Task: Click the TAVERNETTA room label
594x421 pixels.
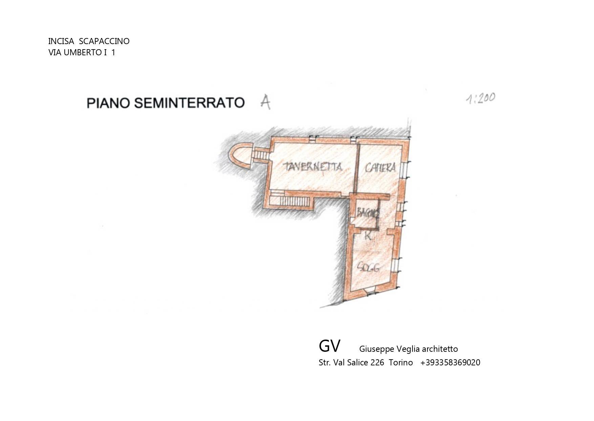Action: (313, 167)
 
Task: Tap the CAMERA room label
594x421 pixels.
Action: (380, 167)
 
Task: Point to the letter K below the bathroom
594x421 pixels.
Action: (368, 235)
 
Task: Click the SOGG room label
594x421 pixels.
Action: (368, 268)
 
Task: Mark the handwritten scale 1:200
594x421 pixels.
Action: (481, 99)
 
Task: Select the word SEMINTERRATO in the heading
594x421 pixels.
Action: (189, 102)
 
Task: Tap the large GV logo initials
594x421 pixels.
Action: (329, 346)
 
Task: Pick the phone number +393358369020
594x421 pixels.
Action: (450, 363)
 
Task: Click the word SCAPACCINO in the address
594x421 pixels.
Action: (104, 41)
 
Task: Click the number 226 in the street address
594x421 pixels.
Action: (377, 363)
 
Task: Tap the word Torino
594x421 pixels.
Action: (401, 363)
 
